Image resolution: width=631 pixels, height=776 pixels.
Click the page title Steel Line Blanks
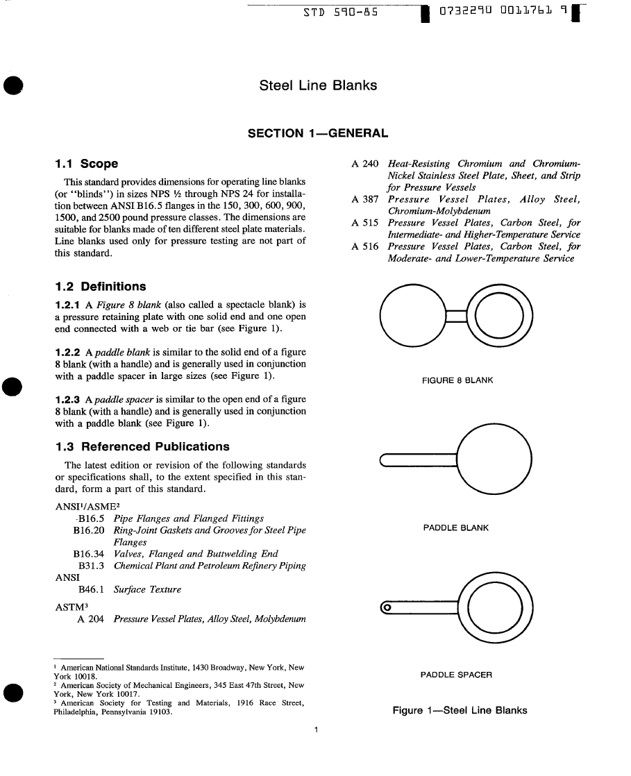[x=318, y=86]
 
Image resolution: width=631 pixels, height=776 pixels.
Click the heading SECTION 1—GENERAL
[x=318, y=133]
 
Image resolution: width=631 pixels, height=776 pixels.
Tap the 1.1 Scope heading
[x=86, y=164]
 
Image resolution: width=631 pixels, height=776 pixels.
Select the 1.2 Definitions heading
[x=100, y=287]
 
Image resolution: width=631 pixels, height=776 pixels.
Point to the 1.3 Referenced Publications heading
[x=142, y=446]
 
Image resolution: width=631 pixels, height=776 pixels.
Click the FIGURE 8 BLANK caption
[x=457, y=380]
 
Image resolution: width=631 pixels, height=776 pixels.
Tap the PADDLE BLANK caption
[x=456, y=528]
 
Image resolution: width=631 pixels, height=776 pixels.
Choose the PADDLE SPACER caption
[x=456, y=675]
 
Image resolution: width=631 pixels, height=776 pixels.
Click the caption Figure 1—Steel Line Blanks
[x=460, y=710]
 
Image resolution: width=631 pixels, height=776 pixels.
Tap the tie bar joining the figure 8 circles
[x=456, y=317]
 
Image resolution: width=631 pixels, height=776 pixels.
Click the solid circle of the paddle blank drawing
[x=495, y=459]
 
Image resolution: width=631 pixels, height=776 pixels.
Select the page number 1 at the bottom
[x=316, y=729]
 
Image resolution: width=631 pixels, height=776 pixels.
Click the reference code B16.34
[x=88, y=554]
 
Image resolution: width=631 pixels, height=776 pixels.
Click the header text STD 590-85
[x=341, y=12]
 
